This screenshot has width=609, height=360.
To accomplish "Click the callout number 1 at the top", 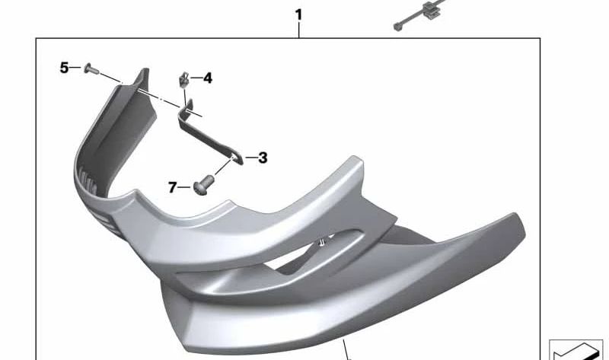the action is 298,15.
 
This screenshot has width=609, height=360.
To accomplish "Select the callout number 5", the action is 64,68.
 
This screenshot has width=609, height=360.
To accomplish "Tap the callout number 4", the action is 208,78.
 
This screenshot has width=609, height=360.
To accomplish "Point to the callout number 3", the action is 263,158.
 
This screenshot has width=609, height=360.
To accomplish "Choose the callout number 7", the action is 173,187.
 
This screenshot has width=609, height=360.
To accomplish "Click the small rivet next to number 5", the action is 91,69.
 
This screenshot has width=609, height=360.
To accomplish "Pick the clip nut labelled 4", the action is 184,79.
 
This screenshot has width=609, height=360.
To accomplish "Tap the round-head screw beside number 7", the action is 203,186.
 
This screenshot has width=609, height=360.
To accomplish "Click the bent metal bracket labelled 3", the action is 210,134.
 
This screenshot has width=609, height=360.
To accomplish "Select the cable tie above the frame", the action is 419,14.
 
